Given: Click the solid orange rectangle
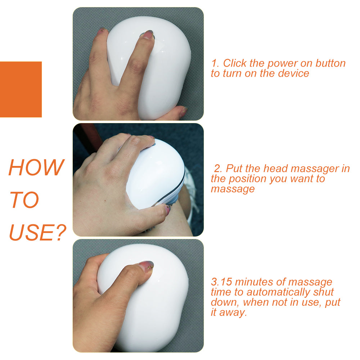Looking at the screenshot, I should [x=21, y=89].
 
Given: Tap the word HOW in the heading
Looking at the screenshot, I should [x=36, y=167].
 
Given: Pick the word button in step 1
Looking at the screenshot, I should [x=330, y=63].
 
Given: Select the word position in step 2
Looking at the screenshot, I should [x=248, y=179].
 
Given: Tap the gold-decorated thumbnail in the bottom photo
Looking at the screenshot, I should [x=147, y=267].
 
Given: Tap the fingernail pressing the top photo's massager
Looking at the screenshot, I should [x=148, y=35].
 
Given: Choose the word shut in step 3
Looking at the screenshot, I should [x=323, y=292].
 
